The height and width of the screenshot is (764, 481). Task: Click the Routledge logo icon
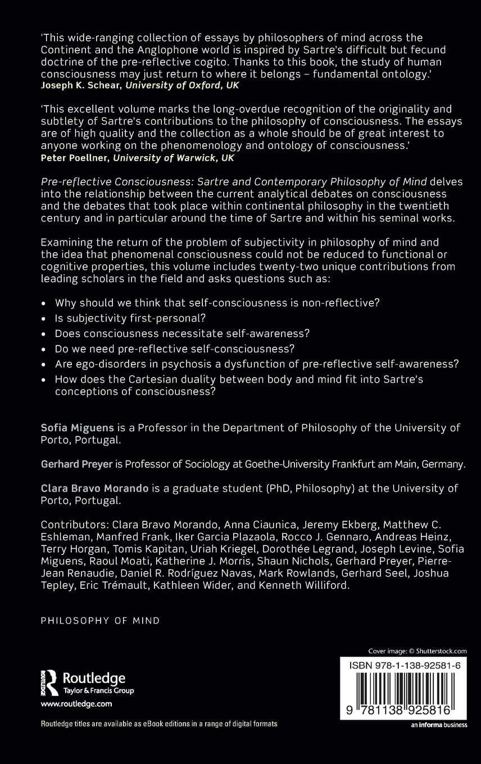pyautogui.click(x=50, y=683)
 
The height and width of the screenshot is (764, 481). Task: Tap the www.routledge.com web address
pyautogui.click(x=76, y=703)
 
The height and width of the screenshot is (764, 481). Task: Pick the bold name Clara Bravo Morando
pyautogui.click(x=95, y=488)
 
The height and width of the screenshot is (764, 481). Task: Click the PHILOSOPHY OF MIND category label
pyautogui.click(x=101, y=620)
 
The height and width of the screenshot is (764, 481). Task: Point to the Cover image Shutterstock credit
pyautogui.click(x=418, y=651)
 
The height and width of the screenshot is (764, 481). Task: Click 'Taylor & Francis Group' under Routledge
pyautogui.click(x=98, y=690)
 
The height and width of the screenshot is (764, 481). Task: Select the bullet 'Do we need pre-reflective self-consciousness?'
pyautogui.click(x=175, y=348)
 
